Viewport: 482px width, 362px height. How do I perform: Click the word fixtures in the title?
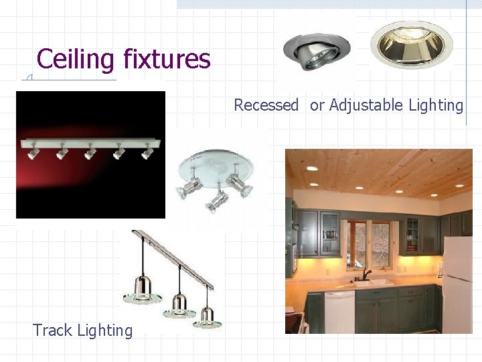pos(167,59)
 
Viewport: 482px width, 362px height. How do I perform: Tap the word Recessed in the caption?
pos(266,105)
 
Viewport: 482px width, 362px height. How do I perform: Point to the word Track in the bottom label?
pos(53,330)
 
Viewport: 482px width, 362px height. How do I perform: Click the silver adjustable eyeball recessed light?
pos(307,50)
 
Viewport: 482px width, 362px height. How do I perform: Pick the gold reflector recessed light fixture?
pos(411,43)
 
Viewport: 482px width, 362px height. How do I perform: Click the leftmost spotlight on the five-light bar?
pos(33,152)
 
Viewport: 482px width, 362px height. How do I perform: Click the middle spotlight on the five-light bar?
pos(90,152)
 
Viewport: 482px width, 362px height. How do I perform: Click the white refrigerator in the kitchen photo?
pos(458,284)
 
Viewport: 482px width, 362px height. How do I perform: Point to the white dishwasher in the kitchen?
pos(339,311)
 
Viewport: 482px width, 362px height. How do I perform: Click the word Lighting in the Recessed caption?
pos(435,105)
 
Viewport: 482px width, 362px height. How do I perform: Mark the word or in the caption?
pos(317,105)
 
